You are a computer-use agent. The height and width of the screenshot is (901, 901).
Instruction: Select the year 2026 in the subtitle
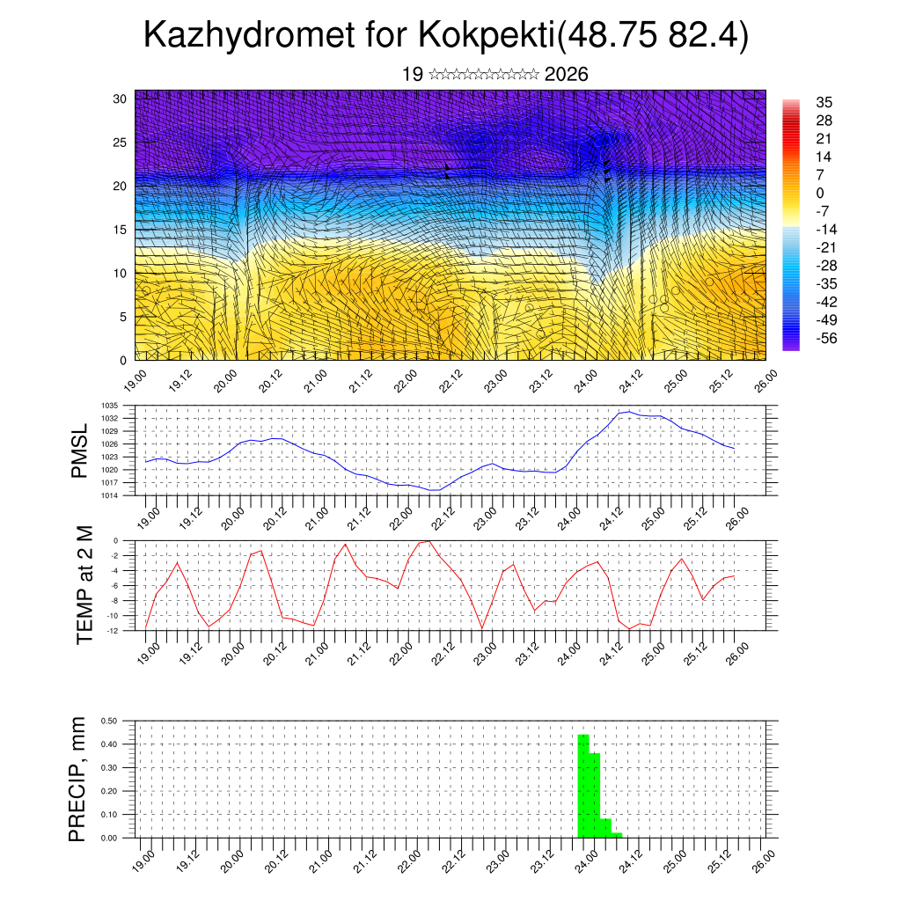[x=566, y=75]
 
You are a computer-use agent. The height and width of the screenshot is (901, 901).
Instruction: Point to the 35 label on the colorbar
[x=824, y=102]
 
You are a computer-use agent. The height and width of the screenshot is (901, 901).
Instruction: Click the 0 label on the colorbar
[x=820, y=193]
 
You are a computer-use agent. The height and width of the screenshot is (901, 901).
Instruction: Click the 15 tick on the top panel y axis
[x=121, y=230]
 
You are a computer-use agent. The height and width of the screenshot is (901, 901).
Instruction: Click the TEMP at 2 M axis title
[x=84, y=585]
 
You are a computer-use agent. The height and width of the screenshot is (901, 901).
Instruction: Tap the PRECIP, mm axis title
[x=79, y=779]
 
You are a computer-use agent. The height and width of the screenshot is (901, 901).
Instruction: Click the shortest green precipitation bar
[x=617, y=835]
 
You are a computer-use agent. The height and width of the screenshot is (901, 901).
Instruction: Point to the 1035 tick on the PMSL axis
[x=110, y=406]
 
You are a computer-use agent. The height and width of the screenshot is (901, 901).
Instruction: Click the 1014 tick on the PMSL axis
[x=110, y=495]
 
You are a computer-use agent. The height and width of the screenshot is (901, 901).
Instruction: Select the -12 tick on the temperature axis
[x=113, y=629]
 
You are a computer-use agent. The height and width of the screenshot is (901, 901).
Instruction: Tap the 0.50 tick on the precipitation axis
[x=109, y=721]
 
